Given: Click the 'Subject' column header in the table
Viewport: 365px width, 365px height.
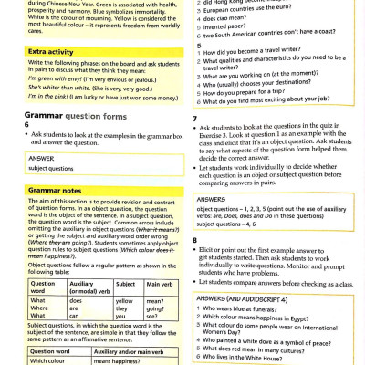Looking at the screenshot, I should pyautogui.click(x=125, y=284).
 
